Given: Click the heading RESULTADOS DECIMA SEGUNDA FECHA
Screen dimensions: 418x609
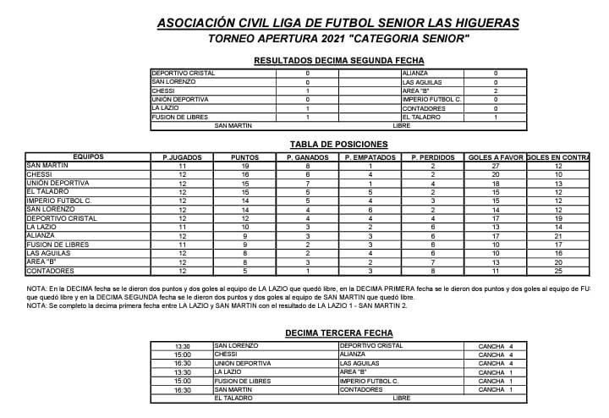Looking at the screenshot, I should click(338, 61).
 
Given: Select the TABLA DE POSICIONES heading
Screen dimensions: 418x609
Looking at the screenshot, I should click(338, 145).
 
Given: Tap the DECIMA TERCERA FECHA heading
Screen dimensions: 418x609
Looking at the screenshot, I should click(338, 333).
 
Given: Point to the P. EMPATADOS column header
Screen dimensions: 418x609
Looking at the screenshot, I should click(370, 157).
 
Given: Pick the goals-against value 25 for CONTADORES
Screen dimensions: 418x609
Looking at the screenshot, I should click(557, 270).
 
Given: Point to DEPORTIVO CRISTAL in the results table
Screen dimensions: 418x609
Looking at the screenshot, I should click(184, 74).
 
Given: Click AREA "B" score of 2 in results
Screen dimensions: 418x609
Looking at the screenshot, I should click(495, 91).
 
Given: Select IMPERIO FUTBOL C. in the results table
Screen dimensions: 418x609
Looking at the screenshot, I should click(431, 100).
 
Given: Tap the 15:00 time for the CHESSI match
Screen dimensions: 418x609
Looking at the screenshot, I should click(183, 355).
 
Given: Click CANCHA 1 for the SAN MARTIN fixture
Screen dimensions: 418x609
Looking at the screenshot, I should click(500, 390).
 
